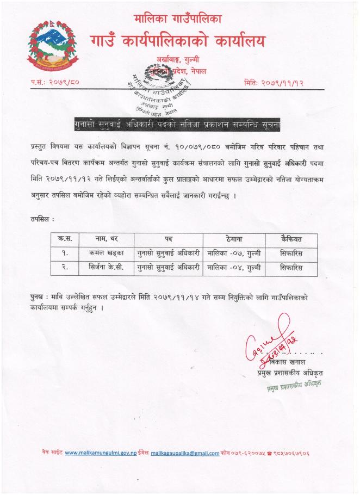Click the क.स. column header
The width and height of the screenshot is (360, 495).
65,239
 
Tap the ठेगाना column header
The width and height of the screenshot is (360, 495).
234,239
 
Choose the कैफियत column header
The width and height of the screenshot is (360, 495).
291,239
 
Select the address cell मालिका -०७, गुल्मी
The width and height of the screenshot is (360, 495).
234,253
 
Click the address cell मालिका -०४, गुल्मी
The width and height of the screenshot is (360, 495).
234,268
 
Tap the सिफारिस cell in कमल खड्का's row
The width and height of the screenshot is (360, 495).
291,253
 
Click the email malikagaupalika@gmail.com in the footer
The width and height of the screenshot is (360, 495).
185,453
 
